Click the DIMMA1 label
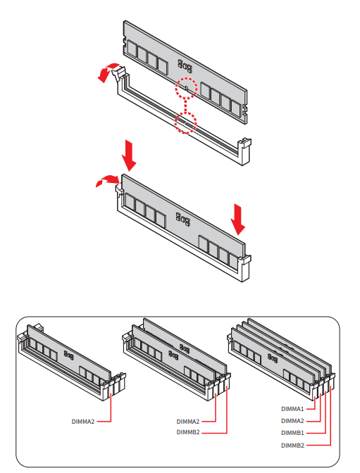tap(292, 409)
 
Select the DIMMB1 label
tap(292, 433)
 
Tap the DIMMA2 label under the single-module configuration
tap(82, 422)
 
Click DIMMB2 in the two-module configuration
tap(188, 432)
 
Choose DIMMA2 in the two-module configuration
tap(188, 422)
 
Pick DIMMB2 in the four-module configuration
tap(292, 446)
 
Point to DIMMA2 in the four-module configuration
tap(292, 421)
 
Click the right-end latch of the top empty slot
tap(245, 150)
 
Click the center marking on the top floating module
tap(185, 66)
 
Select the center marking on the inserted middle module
tap(183, 220)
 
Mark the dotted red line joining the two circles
tap(185, 106)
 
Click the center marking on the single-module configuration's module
tap(68, 355)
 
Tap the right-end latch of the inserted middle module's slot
tap(245, 268)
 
